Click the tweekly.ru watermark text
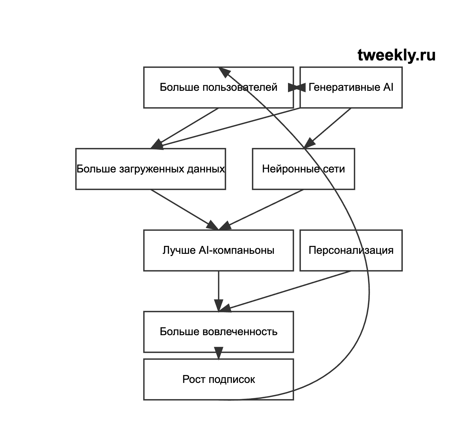(396, 55)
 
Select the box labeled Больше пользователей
(219, 88)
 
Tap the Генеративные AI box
(351, 88)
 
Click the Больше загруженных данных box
(151, 169)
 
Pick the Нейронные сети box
(304, 169)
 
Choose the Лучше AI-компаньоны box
(219, 250)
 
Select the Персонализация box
(351, 250)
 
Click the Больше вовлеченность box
(219, 332)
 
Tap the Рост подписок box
(219, 379)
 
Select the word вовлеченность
(240, 332)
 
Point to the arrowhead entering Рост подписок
(219, 353)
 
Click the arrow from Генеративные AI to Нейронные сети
(328, 128)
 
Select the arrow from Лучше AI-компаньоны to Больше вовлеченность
(219, 291)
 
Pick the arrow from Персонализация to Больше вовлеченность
(285, 291)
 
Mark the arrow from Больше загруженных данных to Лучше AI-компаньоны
(185, 210)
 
